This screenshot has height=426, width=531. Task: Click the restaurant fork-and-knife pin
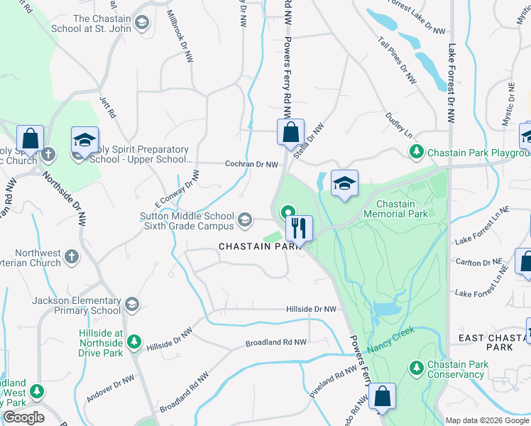pos(299,229)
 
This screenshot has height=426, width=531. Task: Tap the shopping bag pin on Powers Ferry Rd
pos(290,132)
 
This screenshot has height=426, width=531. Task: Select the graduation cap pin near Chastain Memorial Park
pos(344,183)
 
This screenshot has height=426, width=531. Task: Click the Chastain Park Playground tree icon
pos(417,151)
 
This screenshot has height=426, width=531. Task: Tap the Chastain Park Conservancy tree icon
pos(417,367)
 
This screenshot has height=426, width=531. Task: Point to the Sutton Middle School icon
pos(246,220)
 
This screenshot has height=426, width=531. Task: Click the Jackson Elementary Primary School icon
pos(131,305)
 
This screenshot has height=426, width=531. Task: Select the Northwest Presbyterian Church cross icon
pos(71,256)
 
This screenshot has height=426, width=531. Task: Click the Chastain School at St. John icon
pos(142,24)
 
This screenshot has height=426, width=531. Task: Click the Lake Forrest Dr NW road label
pos(451,84)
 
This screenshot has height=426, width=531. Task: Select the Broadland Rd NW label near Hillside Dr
pos(275,343)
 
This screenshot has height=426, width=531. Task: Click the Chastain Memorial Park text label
pos(395,209)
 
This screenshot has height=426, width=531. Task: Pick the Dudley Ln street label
pos(398,123)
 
